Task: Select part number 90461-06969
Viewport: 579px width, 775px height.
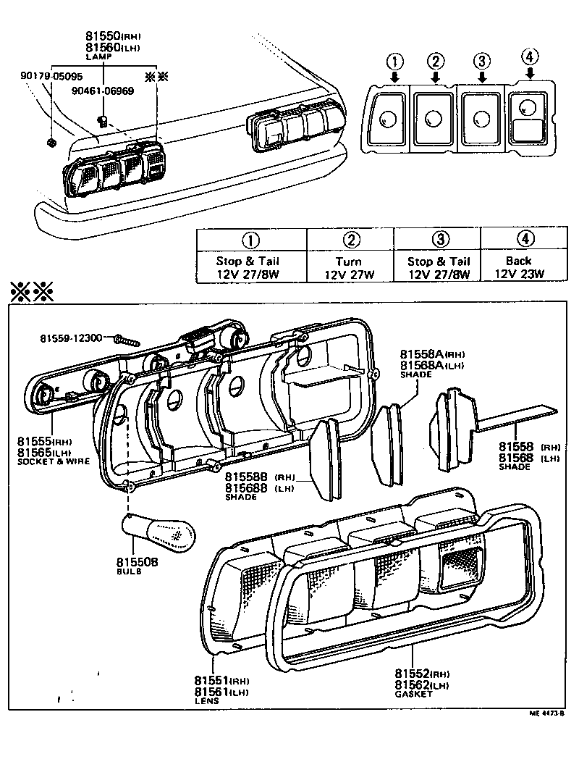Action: pyautogui.click(x=102, y=91)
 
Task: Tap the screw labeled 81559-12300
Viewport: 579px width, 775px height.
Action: pyautogui.click(x=128, y=338)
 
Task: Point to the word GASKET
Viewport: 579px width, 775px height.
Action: pyautogui.click(x=413, y=693)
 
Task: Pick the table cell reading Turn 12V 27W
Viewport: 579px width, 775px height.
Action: pyautogui.click(x=351, y=267)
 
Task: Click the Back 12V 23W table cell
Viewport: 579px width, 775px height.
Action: pyautogui.click(x=519, y=267)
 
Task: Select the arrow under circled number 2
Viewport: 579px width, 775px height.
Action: pyautogui.click(x=435, y=76)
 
